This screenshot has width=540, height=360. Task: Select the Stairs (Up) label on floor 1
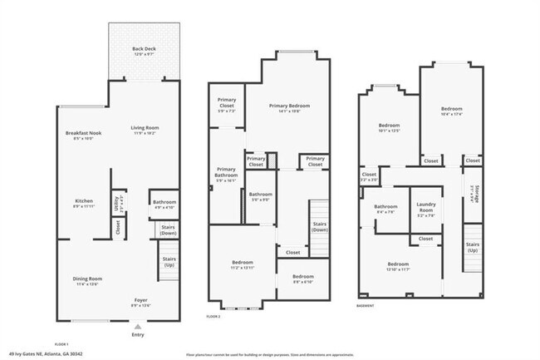point(169,260)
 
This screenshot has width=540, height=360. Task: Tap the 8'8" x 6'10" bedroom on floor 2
point(302,279)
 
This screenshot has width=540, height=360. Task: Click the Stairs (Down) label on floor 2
point(319,225)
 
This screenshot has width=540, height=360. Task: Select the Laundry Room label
point(426,208)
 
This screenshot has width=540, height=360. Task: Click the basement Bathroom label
point(385,210)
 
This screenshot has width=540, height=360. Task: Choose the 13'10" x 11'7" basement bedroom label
point(398,266)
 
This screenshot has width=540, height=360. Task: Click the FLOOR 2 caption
point(214,317)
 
